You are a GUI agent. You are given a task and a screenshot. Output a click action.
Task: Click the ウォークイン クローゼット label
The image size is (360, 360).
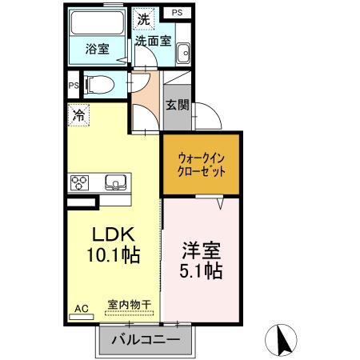[x=201, y=165]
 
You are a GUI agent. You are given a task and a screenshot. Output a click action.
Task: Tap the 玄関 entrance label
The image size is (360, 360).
[x=177, y=105]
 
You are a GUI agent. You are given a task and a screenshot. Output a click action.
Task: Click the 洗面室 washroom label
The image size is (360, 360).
[x=152, y=39]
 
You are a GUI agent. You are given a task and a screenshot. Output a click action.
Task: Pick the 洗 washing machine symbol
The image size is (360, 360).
[x=142, y=18]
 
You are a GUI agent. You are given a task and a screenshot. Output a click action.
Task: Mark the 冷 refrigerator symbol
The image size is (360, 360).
[x=78, y=115]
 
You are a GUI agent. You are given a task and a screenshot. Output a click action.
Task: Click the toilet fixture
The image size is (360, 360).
[x=99, y=83]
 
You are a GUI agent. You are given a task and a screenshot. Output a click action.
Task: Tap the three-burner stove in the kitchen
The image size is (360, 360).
[x=82, y=182]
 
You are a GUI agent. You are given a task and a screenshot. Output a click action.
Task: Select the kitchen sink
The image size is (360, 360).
[x=115, y=182]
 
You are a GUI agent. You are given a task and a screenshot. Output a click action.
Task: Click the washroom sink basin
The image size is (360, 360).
[x=183, y=52]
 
